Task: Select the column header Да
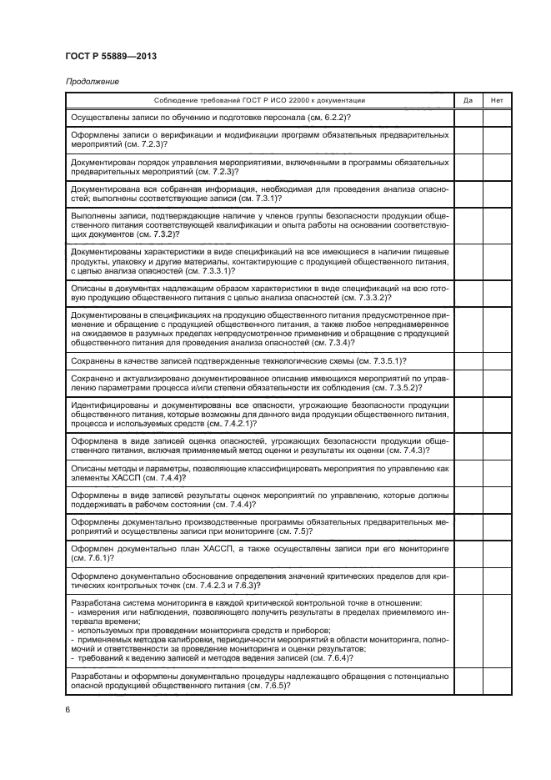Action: point(468,101)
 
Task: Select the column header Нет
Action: point(497,101)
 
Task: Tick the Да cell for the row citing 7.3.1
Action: point(468,194)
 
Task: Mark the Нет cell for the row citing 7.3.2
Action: point(497,225)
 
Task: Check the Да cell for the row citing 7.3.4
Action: point(468,329)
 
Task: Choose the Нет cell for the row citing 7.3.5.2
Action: point(497,383)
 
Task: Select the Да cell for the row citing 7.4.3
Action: point(468,445)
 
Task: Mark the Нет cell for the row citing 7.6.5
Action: point(497,679)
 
